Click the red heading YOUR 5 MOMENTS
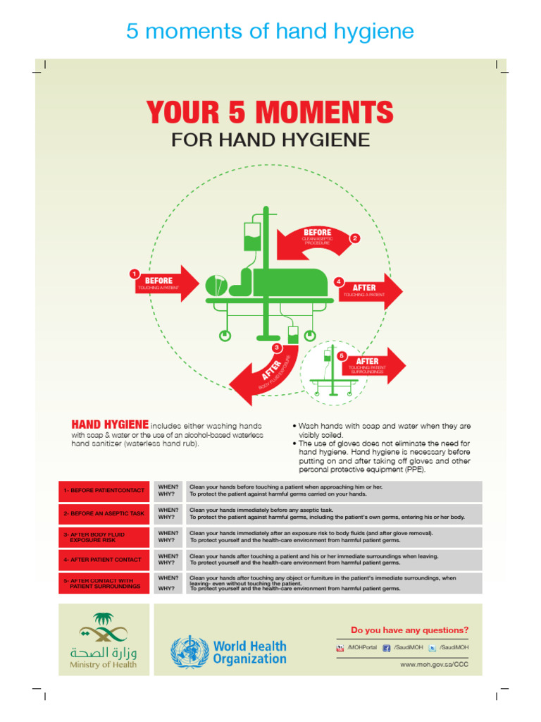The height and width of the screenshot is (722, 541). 270,113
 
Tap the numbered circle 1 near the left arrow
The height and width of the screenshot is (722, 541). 134,274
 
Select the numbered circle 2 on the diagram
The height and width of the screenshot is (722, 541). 355,238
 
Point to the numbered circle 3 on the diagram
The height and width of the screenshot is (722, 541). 277,348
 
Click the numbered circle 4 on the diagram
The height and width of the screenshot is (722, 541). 339,281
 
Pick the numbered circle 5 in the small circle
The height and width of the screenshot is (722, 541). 342,355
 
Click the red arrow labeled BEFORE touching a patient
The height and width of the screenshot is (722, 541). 166,283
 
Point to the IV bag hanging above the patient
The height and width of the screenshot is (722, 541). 252,237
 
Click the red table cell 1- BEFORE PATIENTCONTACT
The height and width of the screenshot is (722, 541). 104,490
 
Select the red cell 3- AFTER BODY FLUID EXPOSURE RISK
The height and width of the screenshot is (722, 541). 104,537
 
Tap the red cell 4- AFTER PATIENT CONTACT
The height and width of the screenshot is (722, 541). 104,559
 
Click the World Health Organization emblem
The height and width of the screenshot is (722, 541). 189,652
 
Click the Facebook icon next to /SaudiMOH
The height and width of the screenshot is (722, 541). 387,648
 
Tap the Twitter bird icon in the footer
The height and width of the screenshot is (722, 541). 432,648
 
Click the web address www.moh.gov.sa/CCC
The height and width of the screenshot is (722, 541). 434,664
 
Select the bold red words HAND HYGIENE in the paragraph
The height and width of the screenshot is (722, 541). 110,425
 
